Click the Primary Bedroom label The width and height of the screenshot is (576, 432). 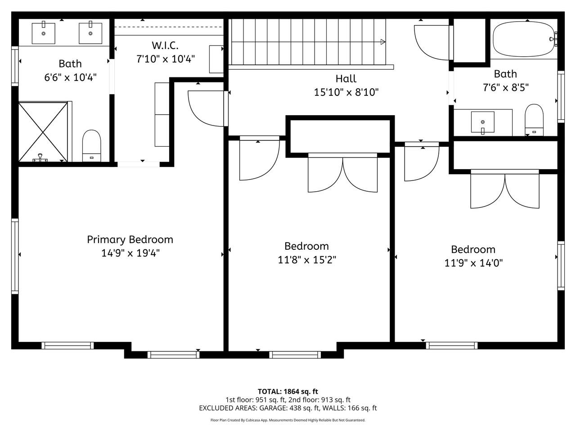pyautogui.click(x=130, y=239)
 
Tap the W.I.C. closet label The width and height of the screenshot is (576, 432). pyautogui.click(x=165, y=45)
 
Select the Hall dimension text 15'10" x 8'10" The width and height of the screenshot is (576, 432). pyautogui.click(x=346, y=92)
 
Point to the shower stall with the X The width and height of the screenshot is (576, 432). pyautogui.click(x=43, y=131)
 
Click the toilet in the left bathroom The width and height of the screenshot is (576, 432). pyautogui.click(x=92, y=145)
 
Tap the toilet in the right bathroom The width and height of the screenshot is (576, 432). pyautogui.click(x=534, y=120)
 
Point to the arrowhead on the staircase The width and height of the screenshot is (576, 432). pyautogui.click(x=382, y=42)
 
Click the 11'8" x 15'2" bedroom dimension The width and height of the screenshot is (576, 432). pyautogui.click(x=307, y=260)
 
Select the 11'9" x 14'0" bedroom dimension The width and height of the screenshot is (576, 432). pyautogui.click(x=473, y=263)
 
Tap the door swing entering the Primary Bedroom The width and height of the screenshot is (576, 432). pyautogui.click(x=205, y=108)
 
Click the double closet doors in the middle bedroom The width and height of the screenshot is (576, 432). pyautogui.click(x=342, y=174)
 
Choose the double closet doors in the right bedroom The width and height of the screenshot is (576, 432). pyautogui.click(x=504, y=190)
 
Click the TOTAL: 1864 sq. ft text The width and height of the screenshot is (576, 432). pyautogui.click(x=288, y=391)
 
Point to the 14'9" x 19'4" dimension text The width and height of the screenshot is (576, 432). pyautogui.click(x=130, y=253)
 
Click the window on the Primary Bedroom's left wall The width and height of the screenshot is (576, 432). pyautogui.click(x=15, y=256)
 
